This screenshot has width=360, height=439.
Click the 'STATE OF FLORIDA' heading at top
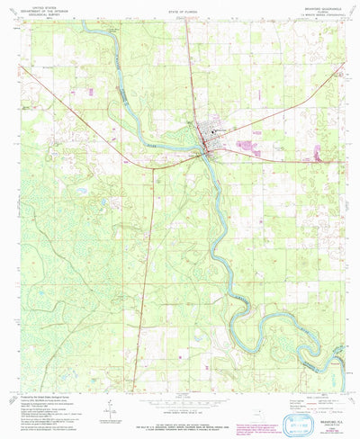pyautogui.click(x=180, y=8)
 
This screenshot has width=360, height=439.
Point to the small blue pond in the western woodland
pyautogui.click(x=83, y=191)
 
